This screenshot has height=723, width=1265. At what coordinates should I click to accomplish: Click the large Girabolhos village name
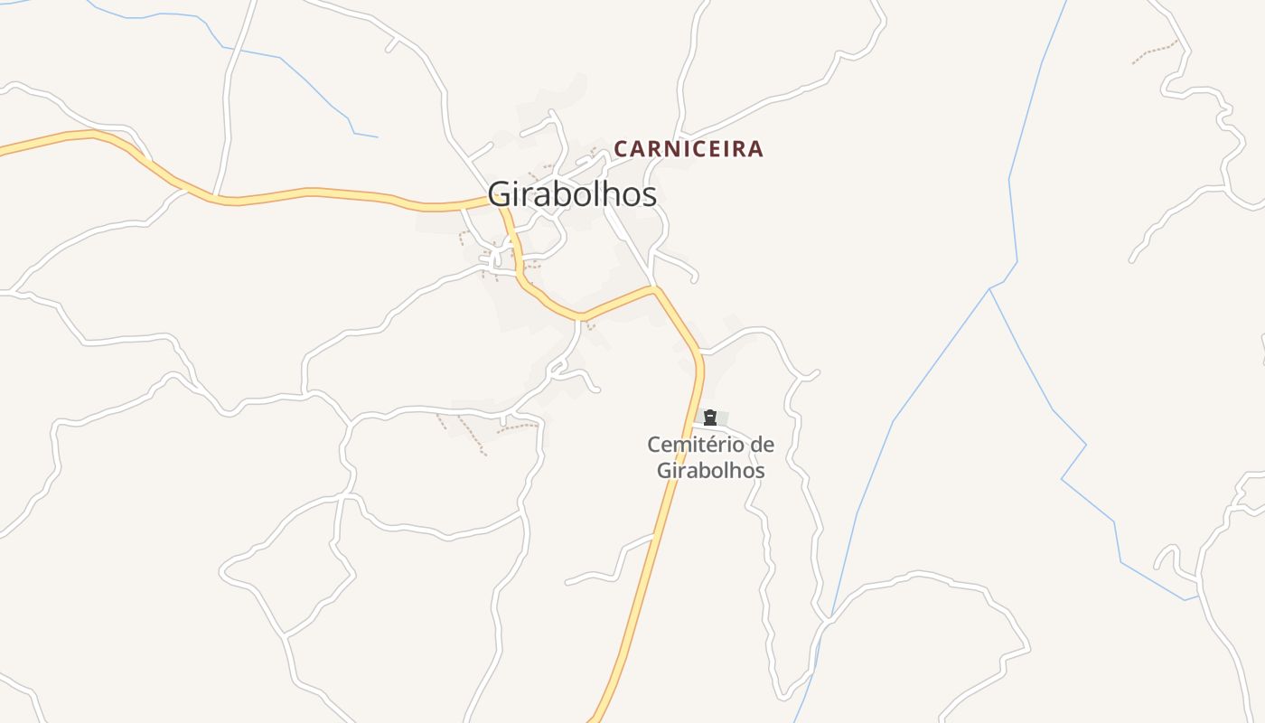tap(572, 194)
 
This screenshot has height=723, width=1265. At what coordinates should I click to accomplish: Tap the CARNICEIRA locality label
tap(689, 149)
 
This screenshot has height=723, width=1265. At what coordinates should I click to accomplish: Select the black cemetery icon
tap(710, 418)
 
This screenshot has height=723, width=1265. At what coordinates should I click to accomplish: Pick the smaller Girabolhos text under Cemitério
tap(710, 471)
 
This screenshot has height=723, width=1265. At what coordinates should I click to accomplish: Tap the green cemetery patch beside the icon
tap(722, 417)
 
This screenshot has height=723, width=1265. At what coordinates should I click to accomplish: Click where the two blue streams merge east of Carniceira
tap(990, 289)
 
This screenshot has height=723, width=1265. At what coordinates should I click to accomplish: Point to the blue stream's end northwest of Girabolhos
tap(376, 137)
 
